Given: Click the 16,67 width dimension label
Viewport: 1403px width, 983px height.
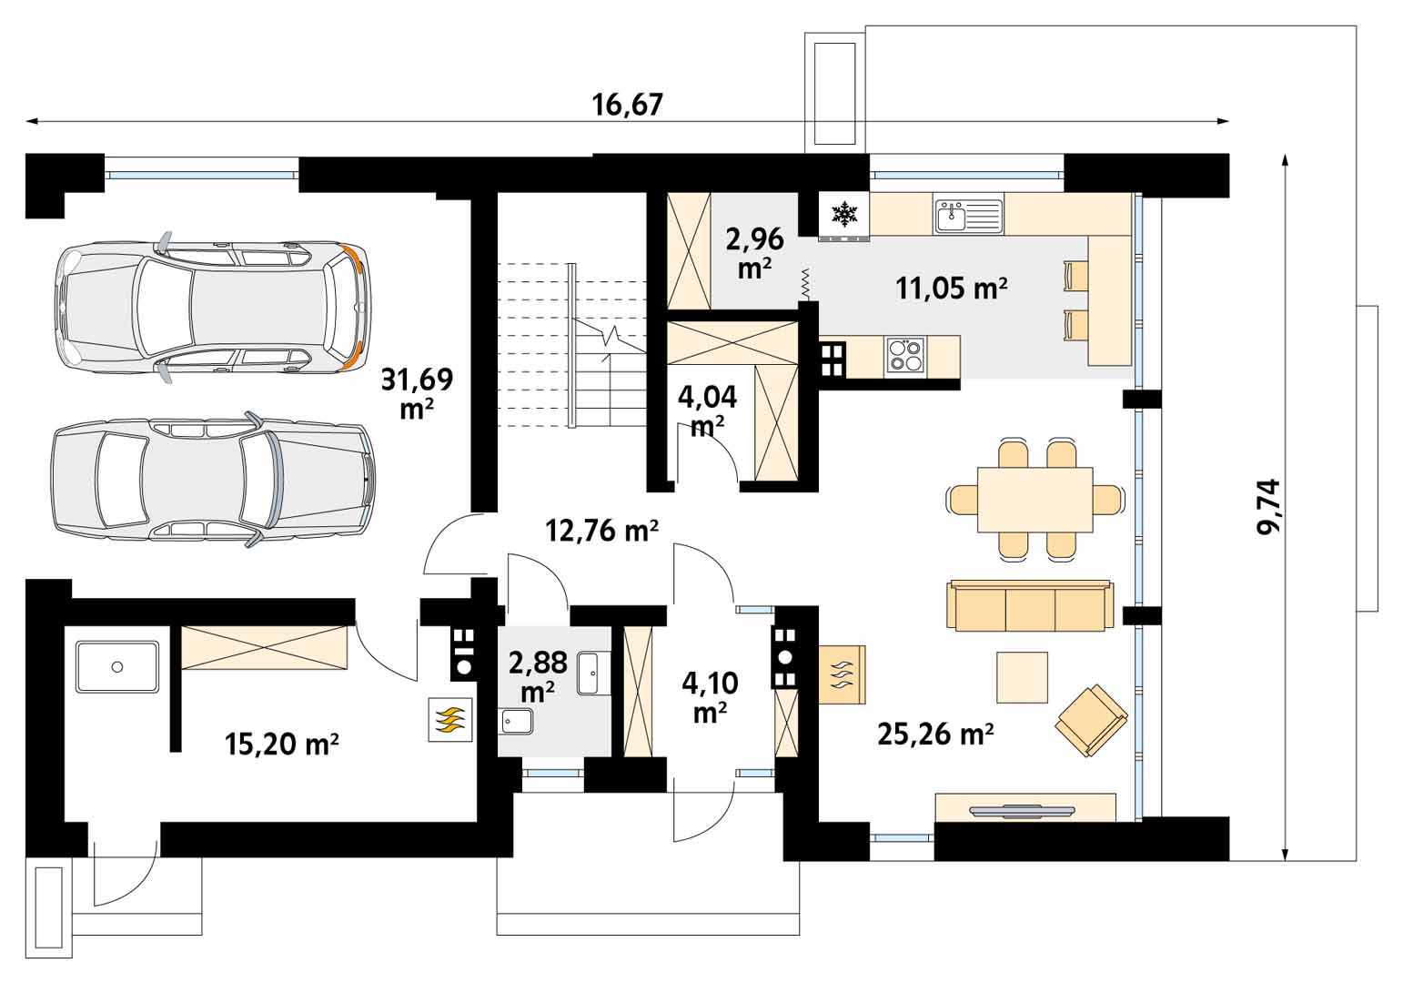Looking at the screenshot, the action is [627, 105].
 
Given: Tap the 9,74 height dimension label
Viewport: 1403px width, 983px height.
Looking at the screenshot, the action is [1269, 506].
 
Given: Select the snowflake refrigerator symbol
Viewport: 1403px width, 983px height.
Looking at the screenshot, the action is [843, 214].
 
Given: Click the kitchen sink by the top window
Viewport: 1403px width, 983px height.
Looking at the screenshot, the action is [968, 216].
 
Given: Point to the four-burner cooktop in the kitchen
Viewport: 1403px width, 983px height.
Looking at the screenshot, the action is [905, 355].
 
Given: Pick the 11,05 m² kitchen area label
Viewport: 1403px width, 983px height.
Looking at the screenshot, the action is [952, 289].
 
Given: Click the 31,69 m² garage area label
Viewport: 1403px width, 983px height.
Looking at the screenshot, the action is [417, 394].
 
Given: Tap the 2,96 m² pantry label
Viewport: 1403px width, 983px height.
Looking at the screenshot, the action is [755, 252].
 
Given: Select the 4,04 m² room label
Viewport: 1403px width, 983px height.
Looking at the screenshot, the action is [708, 410].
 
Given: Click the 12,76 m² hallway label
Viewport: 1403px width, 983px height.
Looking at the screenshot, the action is [601, 531].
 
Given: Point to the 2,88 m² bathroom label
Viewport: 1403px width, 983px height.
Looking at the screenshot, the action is [538, 676].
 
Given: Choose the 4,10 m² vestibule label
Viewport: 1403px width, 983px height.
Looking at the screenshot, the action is [711, 697].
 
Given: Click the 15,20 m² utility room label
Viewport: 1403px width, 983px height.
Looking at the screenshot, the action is [282, 745].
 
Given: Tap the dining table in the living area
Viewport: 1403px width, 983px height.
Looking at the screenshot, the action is [1035, 500].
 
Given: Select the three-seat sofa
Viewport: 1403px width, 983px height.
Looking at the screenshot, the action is [1030, 604].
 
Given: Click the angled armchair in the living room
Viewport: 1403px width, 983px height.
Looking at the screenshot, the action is [1091, 721].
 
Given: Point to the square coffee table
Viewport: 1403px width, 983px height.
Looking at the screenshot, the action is [1022, 676].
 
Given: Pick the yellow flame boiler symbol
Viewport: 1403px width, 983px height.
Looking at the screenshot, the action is [450, 720].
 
